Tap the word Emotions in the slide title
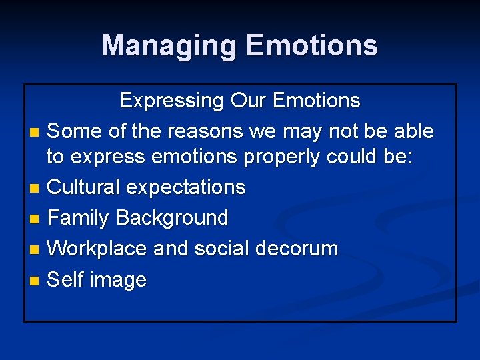(x=311, y=46)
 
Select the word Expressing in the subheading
(x=172, y=101)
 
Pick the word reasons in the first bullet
(x=205, y=131)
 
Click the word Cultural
(x=84, y=187)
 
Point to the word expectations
(x=186, y=187)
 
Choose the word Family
(x=79, y=218)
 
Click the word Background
(x=172, y=218)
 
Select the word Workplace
(x=98, y=249)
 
